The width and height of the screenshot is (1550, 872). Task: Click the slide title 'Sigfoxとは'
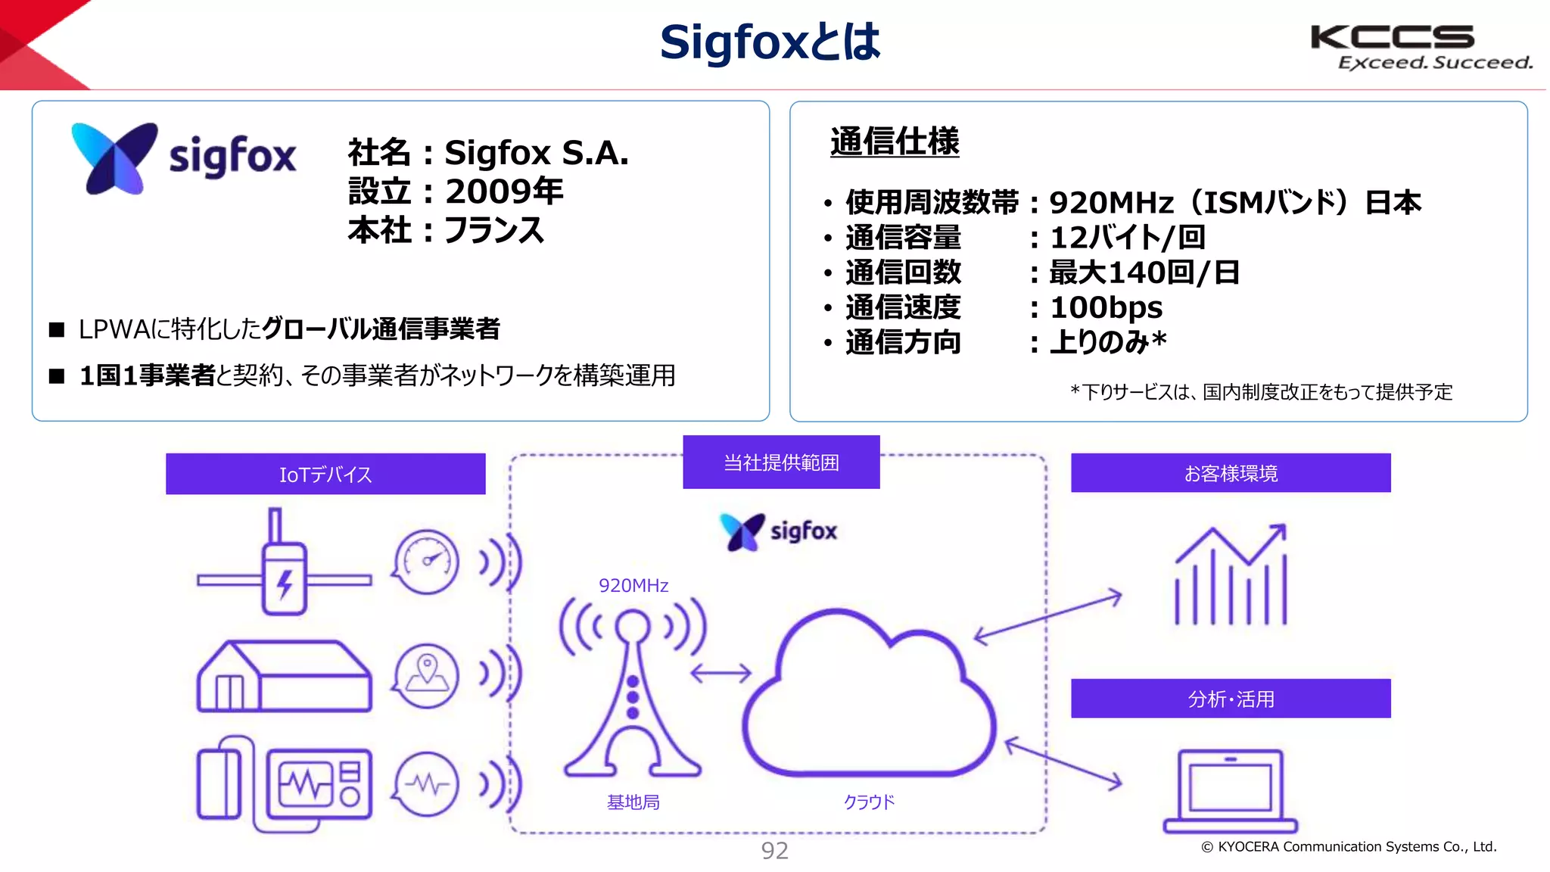click(x=770, y=42)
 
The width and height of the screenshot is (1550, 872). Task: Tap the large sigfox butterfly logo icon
click(x=114, y=157)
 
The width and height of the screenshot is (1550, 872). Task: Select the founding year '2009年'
click(x=504, y=191)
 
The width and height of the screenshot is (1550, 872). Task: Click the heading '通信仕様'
click(x=895, y=142)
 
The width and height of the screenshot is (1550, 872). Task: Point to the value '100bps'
click(x=1106, y=307)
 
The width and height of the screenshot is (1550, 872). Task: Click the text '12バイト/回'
click(x=1127, y=238)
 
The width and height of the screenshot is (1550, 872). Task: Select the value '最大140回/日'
click(x=1144, y=272)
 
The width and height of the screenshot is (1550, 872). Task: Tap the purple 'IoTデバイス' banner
click(x=325, y=474)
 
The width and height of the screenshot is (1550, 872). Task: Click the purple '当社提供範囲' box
click(x=781, y=462)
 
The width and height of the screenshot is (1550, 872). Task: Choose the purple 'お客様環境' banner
click(x=1231, y=473)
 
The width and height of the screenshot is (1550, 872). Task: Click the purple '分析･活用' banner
click(x=1231, y=698)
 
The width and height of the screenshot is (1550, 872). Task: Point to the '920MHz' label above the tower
click(x=633, y=585)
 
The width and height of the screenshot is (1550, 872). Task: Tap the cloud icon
click(x=869, y=696)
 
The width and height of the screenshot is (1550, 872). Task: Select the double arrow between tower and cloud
click(x=721, y=672)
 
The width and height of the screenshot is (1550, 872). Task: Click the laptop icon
click(x=1231, y=791)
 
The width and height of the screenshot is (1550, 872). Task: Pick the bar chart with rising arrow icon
click(x=1231, y=575)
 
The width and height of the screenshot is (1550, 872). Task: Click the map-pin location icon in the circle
click(x=427, y=675)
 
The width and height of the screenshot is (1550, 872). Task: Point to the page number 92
click(x=774, y=851)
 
